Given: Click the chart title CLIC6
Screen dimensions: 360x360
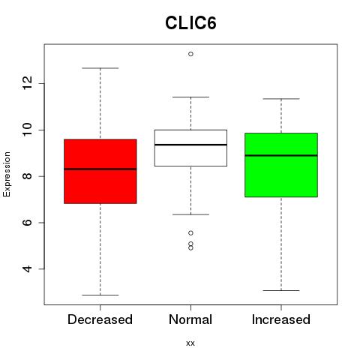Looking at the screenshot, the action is [190, 23].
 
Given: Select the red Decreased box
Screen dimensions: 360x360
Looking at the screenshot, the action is [100, 171].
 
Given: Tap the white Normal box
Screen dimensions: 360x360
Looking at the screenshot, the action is [190, 148].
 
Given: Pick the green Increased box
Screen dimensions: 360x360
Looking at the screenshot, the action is [281, 165].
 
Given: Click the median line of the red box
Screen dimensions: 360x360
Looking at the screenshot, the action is [100, 169].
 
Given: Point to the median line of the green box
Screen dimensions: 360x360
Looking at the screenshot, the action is [281, 155].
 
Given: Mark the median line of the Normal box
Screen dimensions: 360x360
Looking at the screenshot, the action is [190, 145].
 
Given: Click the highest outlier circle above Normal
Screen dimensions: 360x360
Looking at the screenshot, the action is [190, 54].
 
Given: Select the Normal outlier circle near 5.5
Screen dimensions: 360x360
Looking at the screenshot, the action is [190, 233].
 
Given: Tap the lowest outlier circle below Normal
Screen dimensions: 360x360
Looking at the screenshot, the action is [190, 248].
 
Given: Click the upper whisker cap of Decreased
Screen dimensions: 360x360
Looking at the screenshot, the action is [100, 68].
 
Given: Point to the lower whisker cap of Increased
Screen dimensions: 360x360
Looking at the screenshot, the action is [281, 290].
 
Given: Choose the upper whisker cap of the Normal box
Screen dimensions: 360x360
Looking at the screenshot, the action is [190, 97].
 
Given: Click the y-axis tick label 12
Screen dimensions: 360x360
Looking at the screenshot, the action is [28, 83].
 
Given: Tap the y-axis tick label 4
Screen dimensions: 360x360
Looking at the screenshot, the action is [28, 269].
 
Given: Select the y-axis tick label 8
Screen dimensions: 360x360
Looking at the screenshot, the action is [28, 176].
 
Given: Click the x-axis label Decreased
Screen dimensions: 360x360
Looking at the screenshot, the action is [100, 319].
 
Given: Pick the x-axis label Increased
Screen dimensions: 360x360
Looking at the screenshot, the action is [281, 319].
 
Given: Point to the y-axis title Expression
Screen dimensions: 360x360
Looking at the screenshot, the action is [7, 174].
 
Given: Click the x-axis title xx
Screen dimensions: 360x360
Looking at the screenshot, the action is [190, 343].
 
